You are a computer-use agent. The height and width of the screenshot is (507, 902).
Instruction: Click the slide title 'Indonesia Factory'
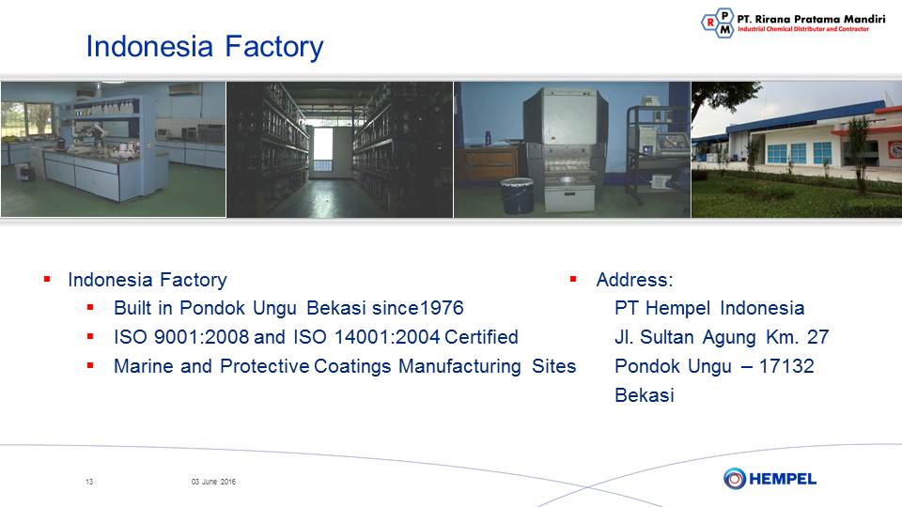(204, 47)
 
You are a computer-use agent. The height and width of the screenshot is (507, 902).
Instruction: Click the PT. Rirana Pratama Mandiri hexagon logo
(718, 23)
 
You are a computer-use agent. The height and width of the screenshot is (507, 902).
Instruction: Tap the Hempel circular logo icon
(735, 478)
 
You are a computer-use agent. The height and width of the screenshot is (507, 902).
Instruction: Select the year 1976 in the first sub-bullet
(442, 308)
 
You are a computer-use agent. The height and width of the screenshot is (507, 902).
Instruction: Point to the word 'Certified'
(481, 337)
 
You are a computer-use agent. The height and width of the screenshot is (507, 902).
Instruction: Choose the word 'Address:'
(634, 280)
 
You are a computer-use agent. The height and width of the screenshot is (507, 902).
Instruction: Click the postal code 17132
(786, 366)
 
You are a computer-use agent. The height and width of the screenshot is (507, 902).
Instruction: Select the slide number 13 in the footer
(89, 482)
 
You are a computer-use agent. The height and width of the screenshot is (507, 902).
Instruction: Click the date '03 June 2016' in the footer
(213, 482)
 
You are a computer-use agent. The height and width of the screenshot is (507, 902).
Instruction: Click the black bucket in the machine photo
(517, 196)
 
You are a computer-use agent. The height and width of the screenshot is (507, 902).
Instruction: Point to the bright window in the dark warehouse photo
(322, 149)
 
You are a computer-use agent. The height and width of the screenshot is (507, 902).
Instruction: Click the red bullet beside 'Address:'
(573, 280)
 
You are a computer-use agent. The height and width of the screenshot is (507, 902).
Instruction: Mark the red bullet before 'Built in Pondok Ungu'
(90, 308)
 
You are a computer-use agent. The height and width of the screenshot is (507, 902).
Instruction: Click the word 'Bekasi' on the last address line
(645, 395)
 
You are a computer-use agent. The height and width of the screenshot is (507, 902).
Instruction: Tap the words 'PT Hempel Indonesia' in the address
(709, 308)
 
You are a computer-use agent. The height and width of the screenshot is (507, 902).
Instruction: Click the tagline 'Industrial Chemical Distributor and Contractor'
(803, 29)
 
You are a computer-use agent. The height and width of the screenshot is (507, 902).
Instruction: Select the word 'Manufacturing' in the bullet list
(459, 366)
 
